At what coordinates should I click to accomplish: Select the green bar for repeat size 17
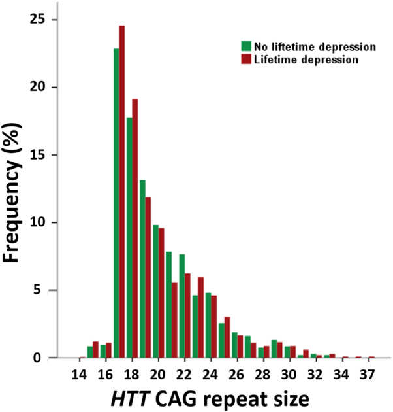[116, 203]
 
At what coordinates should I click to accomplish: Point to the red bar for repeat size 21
[174, 320]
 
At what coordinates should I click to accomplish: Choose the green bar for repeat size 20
[155, 291]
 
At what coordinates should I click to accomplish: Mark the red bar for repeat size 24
[213, 326]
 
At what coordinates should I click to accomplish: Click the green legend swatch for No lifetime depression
[246, 46]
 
